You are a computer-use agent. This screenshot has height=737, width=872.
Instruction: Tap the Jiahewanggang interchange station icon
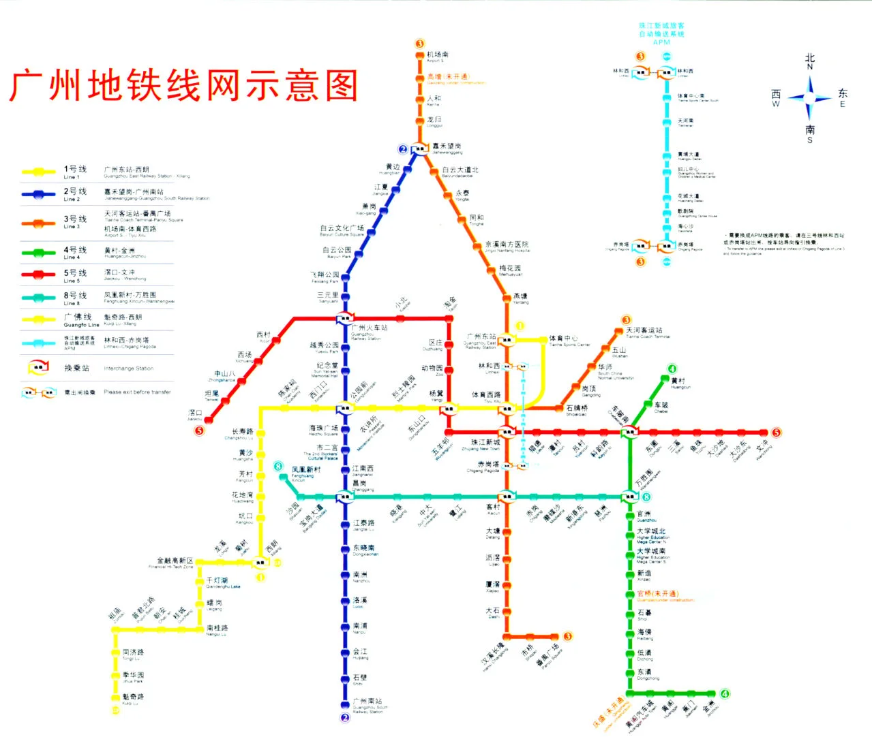pos(420,148)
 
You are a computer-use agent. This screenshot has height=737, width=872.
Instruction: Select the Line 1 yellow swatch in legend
pos(38,172)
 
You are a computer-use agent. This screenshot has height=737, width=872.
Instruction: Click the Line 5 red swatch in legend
pos(38,275)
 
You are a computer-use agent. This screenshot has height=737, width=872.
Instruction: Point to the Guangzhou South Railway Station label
pos(368,704)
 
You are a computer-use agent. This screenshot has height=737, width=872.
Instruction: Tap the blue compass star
pos(809,97)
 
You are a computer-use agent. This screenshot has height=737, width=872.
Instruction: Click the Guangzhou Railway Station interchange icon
pos(345,317)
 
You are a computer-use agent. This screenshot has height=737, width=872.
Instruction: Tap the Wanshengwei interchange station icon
pos(629,497)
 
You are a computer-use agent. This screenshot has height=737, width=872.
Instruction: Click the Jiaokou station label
pos(196,414)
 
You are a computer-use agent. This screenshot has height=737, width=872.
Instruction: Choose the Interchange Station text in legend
pos(128,368)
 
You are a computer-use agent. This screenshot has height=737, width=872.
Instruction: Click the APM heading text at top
pos(661,42)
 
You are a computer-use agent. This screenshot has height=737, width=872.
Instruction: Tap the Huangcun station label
pos(679,383)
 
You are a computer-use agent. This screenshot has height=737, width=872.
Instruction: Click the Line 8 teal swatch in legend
pos(38,298)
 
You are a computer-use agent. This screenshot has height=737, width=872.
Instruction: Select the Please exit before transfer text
pos(137,392)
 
